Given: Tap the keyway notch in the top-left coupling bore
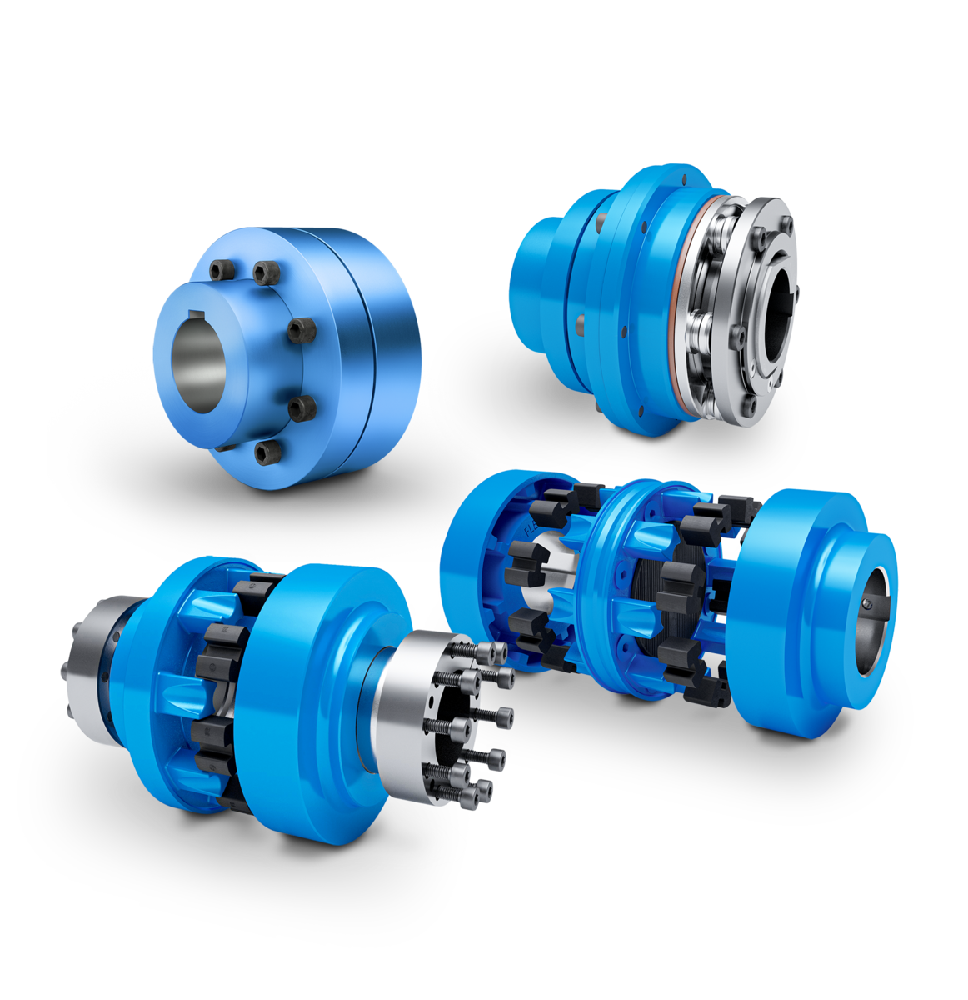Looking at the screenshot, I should click(199, 314).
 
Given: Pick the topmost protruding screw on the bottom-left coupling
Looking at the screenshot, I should click(496, 651).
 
